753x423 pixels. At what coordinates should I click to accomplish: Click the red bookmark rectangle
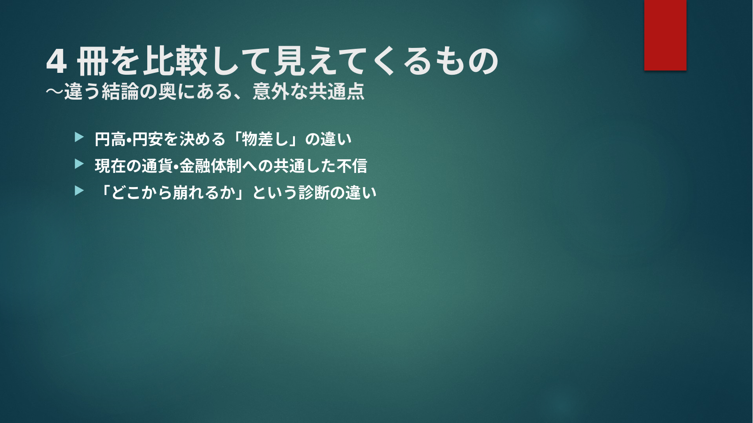tap(665, 35)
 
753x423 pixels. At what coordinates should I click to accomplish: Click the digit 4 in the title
tap(56, 62)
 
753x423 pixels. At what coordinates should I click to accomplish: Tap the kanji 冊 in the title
tap(93, 61)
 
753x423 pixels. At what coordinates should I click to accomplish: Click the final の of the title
tap(483, 61)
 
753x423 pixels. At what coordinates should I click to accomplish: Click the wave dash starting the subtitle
tap(55, 91)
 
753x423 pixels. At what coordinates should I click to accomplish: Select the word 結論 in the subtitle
tap(120, 91)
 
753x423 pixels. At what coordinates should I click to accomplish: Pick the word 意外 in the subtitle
tap(271, 91)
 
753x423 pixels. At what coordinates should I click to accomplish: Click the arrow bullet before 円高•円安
tap(79, 137)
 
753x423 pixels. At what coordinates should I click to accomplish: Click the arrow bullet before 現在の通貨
tap(79, 164)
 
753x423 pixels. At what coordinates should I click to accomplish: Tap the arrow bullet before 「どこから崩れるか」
tap(79, 190)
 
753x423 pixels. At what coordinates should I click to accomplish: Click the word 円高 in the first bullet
tap(110, 139)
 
